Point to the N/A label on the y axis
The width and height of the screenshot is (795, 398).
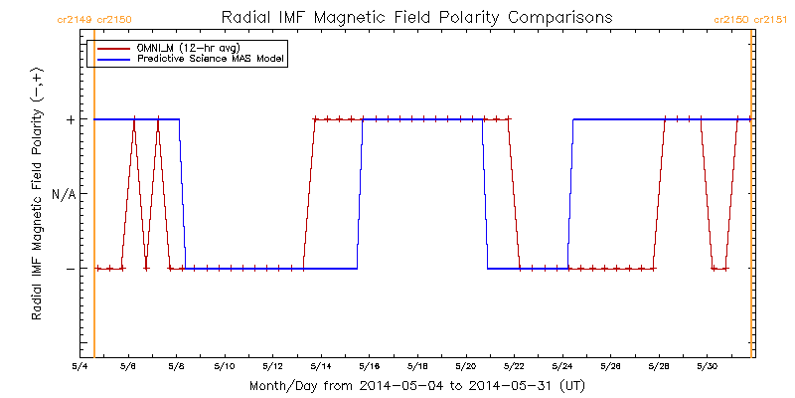pyautogui.click(x=64, y=194)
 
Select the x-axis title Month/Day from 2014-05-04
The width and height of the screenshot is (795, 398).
pyautogui.click(x=417, y=385)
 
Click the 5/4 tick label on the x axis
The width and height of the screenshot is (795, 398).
pyautogui.click(x=80, y=366)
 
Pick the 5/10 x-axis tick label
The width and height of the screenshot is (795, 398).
pyautogui.click(x=225, y=366)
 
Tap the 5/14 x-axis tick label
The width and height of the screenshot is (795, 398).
pyautogui.click(x=321, y=366)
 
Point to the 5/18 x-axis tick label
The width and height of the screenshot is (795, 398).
pyautogui.click(x=417, y=366)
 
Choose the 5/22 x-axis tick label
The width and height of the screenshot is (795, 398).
pyautogui.click(x=514, y=366)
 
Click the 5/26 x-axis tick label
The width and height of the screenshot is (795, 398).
pyautogui.click(x=610, y=366)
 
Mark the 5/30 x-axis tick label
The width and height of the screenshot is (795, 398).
pyautogui.click(x=707, y=366)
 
